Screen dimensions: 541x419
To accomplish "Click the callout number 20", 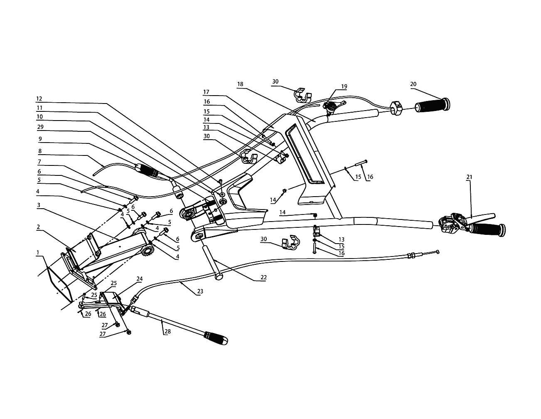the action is (x=413, y=84).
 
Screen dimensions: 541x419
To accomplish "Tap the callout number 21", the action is (x=469, y=177).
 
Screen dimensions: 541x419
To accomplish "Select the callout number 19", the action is (x=344, y=86).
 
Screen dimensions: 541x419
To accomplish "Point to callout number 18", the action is (x=240, y=84).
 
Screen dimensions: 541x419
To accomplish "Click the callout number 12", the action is (x=39, y=99).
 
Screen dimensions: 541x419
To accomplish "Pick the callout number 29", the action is (x=40, y=127).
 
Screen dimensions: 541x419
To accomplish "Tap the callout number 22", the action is (x=264, y=277).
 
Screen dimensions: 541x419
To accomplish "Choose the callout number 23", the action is (x=200, y=291).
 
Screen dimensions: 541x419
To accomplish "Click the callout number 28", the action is (x=167, y=332).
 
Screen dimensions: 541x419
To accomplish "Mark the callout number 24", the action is (x=140, y=279).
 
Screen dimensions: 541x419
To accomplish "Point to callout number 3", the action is (x=39, y=205).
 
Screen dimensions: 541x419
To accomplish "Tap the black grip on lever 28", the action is (x=215, y=338).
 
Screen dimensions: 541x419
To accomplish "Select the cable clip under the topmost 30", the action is (x=302, y=95).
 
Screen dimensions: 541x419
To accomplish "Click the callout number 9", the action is (x=40, y=139).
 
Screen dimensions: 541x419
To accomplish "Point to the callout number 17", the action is (x=206, y=92).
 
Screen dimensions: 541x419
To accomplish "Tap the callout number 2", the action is (x=38, y=227).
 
